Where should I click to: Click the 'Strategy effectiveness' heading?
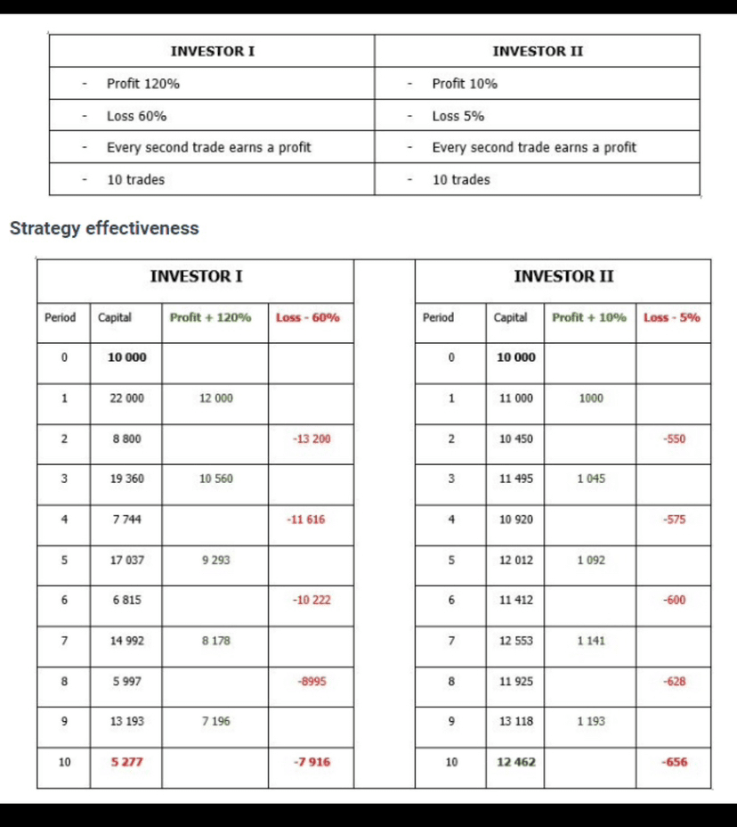[104, 228]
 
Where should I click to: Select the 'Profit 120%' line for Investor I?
[142, 84]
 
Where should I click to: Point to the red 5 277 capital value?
[126, 762]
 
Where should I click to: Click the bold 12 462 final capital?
[516, 762]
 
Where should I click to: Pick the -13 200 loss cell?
[311, 438]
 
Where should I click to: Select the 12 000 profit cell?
[216, 398]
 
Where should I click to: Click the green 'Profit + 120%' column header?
[210, 317]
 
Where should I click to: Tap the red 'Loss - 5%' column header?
[672, 317]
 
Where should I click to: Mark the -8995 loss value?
[312, 681]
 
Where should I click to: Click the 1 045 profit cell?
[591, 479]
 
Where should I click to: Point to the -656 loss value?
[674, 762]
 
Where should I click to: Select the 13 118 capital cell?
[516, 721]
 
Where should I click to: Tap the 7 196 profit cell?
[216, 721]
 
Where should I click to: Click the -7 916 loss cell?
[311, 762]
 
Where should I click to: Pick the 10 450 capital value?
[516, 438]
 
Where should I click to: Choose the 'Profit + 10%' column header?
[589, 317]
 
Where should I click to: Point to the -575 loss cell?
[674, 520]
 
